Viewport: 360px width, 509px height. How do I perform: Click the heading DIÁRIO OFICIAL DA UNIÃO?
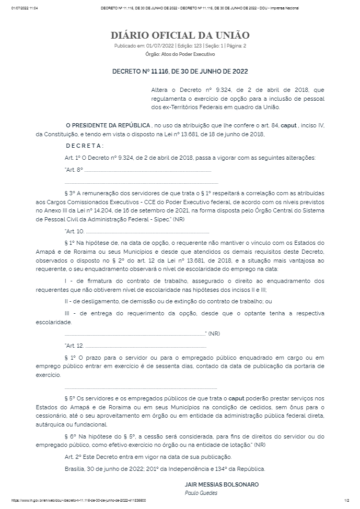(180, 35)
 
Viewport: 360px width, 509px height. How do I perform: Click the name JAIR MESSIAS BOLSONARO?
(222, 484)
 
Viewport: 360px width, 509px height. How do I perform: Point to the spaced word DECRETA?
(85, 146)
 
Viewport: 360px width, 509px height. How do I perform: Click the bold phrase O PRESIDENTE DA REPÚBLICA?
(107, 126)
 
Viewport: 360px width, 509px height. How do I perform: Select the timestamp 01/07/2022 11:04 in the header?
(25, 8)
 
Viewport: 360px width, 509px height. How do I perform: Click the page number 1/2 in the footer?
(346, 500)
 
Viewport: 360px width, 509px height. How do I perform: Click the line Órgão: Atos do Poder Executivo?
(180, 54)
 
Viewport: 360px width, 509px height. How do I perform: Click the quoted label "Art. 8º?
(74, 170)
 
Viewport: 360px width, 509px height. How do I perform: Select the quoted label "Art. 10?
(74, 231)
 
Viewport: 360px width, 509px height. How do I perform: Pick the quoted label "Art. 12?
(74, 346)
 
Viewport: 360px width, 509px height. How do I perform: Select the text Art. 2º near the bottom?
(73, 456)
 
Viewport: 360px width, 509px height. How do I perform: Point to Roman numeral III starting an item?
(68, 313)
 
